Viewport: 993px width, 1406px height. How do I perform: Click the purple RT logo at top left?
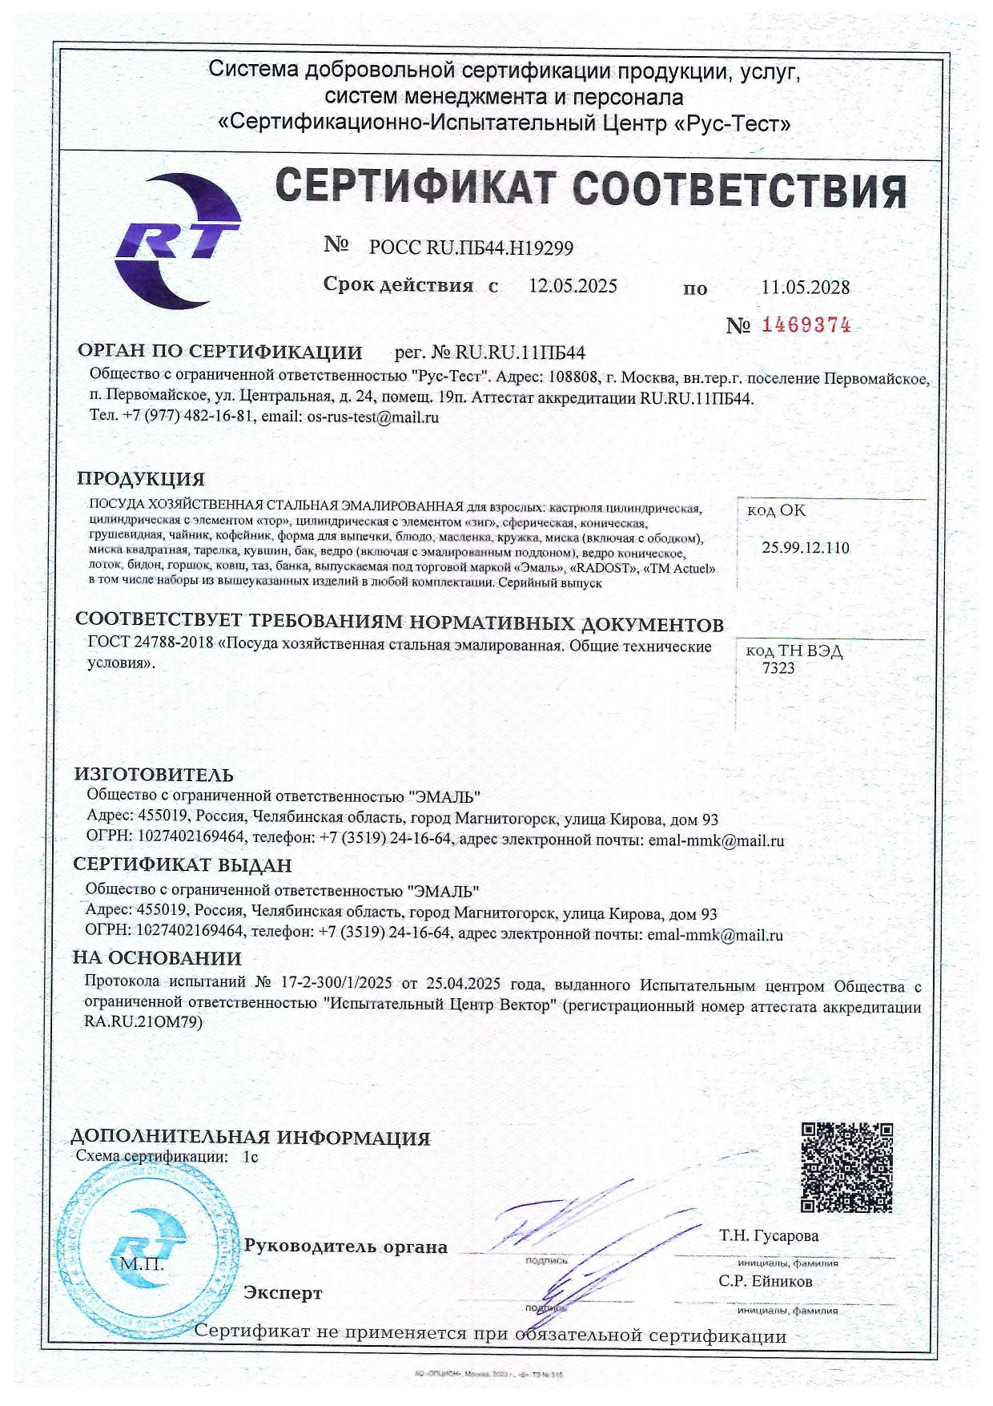pyautogui.click(x=178, y=240)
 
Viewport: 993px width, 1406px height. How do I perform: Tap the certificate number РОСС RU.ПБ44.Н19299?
pyautogui.click(x=471, y=248)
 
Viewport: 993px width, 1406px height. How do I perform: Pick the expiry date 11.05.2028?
pyautogui.click(x=805, y=287)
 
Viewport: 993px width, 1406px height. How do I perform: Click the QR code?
pyautogui.click(x=847, y=1166)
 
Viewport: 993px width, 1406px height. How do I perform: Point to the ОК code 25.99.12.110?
pyautogui.click(x=805, y=548)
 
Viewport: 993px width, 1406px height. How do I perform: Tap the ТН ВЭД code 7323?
pyautogui.click(x=778, y=667)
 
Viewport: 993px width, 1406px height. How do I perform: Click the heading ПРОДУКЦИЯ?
pyautogui.click(x=141, y=479)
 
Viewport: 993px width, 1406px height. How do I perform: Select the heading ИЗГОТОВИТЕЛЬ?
pyautogui.click(x=154, y=775)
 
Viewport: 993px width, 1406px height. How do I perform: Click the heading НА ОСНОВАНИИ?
pyautogui.click(x=157, y=958)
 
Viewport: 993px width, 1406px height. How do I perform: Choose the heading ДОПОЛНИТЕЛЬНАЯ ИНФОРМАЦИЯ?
pyautogui.click(x=250, y=1138)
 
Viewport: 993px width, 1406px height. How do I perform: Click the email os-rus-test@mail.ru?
pyautogui.click(x=373, y=417)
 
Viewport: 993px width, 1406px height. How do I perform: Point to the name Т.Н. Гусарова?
pyautogui.click(x=769, y=1235)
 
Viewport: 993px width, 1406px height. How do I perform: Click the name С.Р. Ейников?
pyautogui.click(x=765, y=1281)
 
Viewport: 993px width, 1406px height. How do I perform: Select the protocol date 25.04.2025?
pyautogui.click(x=463, y=985)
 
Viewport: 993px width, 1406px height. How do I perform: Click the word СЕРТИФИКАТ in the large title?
pyautogui.click(x=415, y=189)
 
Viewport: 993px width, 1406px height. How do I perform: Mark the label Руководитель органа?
pyautogui.click(x=345, y=1247)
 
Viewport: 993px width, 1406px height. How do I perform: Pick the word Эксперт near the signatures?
pyautogui.click(x=283, y=1293)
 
